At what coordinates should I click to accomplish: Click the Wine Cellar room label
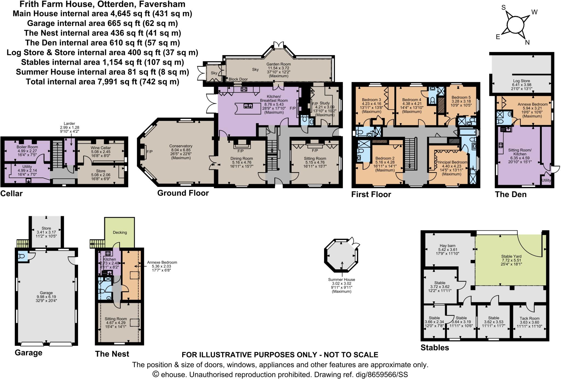point(101,148)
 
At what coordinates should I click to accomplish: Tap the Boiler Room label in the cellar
point(27,147)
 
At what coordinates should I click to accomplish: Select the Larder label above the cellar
point(69,123)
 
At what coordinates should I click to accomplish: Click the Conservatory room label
point(181,146)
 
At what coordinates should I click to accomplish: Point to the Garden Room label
point(278,64)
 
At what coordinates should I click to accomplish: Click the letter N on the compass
point(527,42)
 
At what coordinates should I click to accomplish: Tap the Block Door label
point(238,79)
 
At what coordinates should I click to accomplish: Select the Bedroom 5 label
point(461,97)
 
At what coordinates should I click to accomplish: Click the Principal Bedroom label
point(451,162)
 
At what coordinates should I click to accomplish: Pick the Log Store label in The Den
point(521,81)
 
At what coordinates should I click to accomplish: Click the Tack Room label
point(529,318)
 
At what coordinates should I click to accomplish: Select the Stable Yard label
point(511,256)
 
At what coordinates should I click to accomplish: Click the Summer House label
point(341,279)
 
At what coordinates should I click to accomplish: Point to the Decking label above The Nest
point(120,232)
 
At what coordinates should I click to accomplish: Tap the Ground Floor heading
point(183,193)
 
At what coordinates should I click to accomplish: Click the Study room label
point(325,103)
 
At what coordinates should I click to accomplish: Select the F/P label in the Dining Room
point(240,151)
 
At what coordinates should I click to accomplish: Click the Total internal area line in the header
point(102,82)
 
